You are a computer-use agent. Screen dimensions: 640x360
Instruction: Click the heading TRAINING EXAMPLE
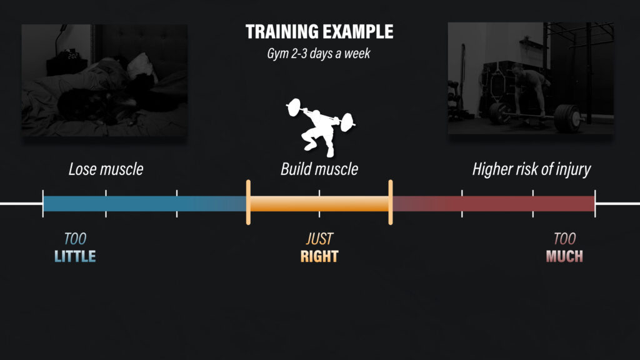(319, 32)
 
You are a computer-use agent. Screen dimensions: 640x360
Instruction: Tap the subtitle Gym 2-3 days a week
(318, 54)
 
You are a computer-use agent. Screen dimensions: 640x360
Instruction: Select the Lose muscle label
(106, 169)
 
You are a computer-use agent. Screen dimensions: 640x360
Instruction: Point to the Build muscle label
(319, 169)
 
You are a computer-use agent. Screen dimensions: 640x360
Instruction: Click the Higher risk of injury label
(531, 169)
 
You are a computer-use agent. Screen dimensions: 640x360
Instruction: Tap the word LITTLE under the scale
(75, 256)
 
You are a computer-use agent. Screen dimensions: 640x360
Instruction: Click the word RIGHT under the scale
(319, 256)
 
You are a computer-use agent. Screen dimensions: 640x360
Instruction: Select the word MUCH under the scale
(564, 256)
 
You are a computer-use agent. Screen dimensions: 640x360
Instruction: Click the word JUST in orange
(319, 239)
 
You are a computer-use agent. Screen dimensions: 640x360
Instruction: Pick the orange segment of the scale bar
(319, 204)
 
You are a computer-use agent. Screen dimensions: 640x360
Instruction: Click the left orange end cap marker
(248, 202)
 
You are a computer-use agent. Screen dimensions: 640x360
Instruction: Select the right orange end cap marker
(391, 202)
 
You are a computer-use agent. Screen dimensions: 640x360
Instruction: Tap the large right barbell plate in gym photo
(568, 118)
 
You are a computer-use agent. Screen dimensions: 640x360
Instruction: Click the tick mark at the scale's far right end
(595, 204)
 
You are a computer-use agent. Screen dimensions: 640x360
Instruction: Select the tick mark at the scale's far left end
(43, 204)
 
